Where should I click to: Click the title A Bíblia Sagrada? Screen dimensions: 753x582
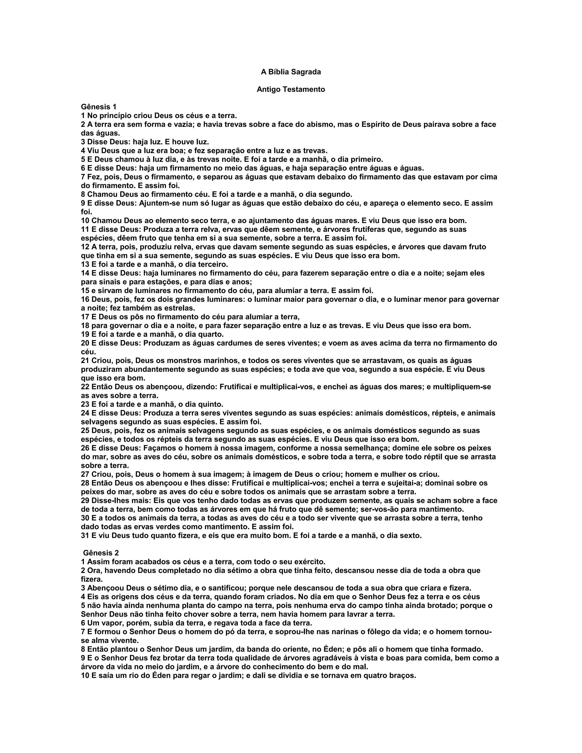pyautogui.click(x=291, y=72)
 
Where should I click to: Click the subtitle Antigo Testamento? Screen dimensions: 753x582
pyautogui.click(x=291, y=90)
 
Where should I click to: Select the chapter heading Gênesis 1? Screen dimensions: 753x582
pyautogui.click(x=99, y=107)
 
